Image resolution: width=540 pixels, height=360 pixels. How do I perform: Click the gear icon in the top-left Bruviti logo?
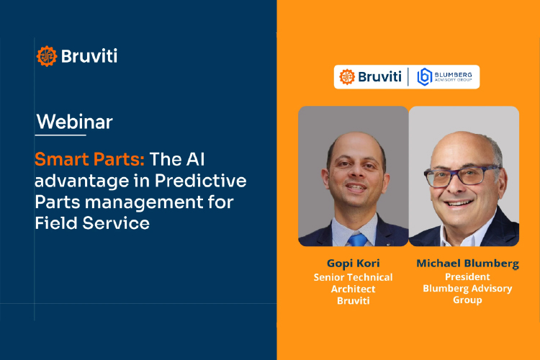click(46, 56)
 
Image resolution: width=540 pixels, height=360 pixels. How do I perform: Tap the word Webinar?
click(74, 121)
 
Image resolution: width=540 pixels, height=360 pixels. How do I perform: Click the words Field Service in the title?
click(92, 223)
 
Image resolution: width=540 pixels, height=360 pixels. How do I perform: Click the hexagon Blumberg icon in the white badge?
click(425, 77)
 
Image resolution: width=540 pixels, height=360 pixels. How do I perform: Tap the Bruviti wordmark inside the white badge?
click(379, 77)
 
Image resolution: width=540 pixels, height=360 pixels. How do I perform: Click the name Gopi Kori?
click(353, 264)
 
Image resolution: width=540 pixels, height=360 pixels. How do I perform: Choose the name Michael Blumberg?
click(467, 264)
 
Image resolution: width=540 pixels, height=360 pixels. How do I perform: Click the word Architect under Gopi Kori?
click(353, 288)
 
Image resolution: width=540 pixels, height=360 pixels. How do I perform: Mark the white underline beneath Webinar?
click(60, 135)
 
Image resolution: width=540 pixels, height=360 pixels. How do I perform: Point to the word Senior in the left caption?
click(330, 276)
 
